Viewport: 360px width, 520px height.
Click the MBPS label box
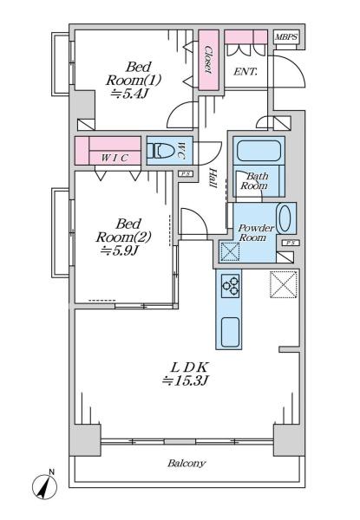pos(286,37)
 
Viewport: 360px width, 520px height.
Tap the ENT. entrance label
pos(245,72)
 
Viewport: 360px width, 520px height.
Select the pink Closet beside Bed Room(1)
pos(209,60)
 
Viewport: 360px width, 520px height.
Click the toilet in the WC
pos(160,151)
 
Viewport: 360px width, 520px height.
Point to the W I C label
pos(115,159)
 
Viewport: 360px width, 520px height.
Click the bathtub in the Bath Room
pos(259,151)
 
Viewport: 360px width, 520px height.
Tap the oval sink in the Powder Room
pos(285,218)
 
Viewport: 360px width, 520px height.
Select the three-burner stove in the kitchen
pos(231,285)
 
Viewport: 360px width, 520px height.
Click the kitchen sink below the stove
pos(230,332)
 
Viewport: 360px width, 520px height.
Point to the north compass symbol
pos(44,485)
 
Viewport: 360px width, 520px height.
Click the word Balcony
pos(187,463)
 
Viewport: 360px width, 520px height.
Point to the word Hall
pos(213,178)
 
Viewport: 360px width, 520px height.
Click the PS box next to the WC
pos(185,174)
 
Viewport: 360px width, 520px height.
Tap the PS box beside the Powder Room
pos(291,243)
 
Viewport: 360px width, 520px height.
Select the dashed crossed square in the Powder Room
pos(230,252)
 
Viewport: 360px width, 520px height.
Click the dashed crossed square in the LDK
pos(284,284)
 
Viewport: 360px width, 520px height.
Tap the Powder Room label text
pos(256,233)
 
